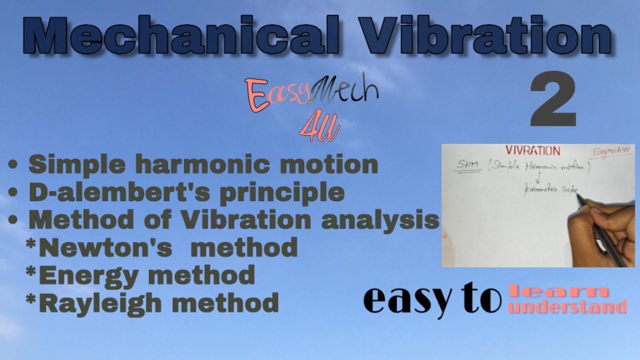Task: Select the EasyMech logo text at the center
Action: (x=310, y=94)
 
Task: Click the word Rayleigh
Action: (x=102, y=302)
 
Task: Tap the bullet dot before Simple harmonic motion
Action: (x=14, y=165)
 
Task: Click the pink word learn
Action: (x=559, y=291)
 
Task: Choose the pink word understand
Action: (x=567, y=306)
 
